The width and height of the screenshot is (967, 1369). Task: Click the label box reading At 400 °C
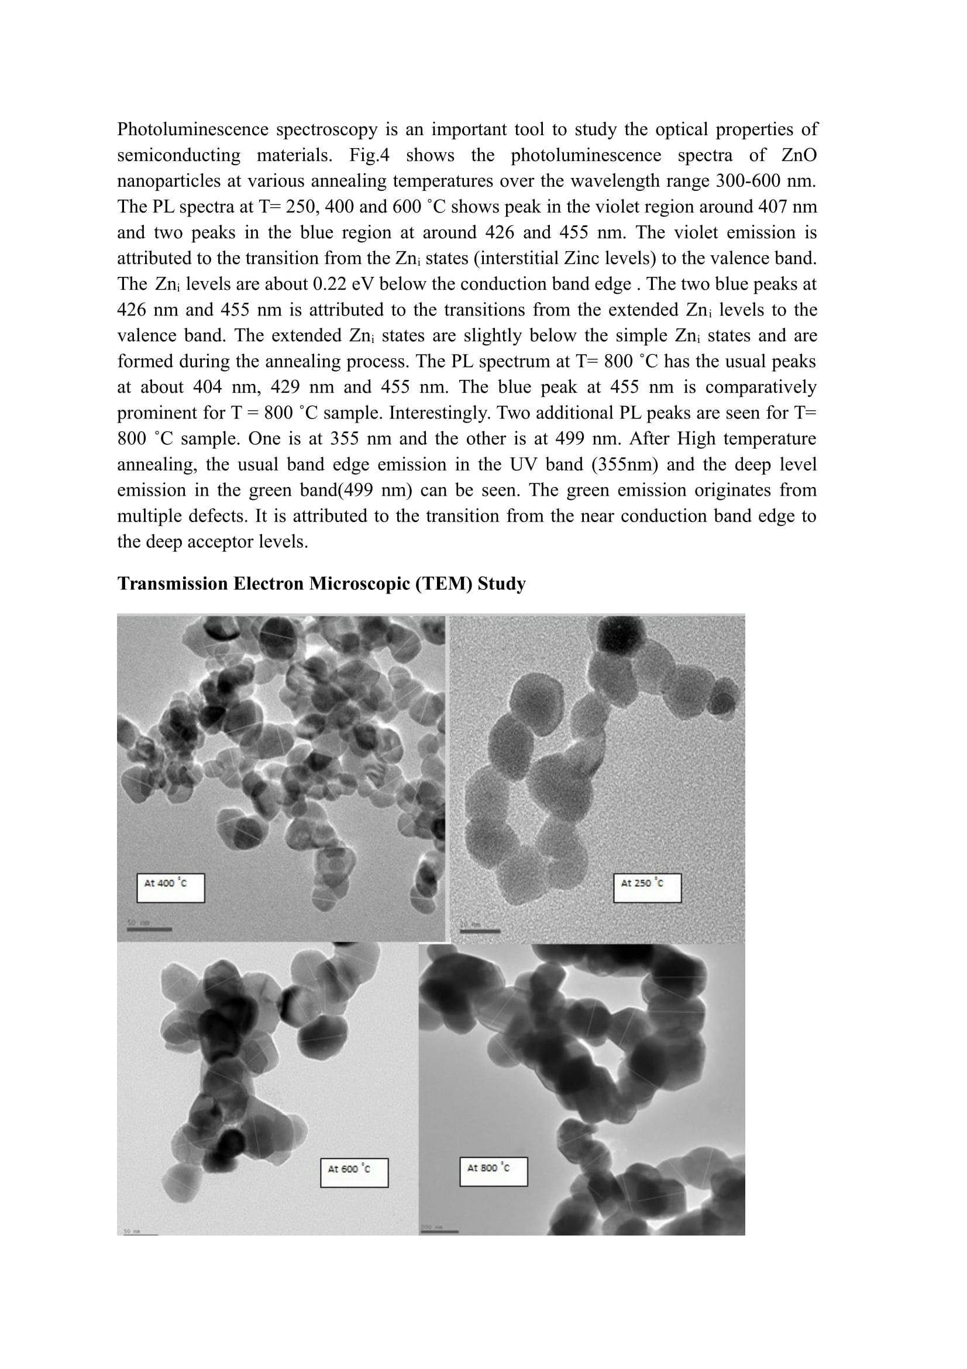(170, 888)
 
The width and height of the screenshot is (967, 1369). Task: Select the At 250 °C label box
(647, 888)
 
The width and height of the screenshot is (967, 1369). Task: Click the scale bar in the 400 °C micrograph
(149, 929)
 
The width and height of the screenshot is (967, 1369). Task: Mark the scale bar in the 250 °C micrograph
(480, 931)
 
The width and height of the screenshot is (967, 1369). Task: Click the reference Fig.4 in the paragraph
(369, 155)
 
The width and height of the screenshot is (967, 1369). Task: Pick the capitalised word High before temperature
(696, 438)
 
